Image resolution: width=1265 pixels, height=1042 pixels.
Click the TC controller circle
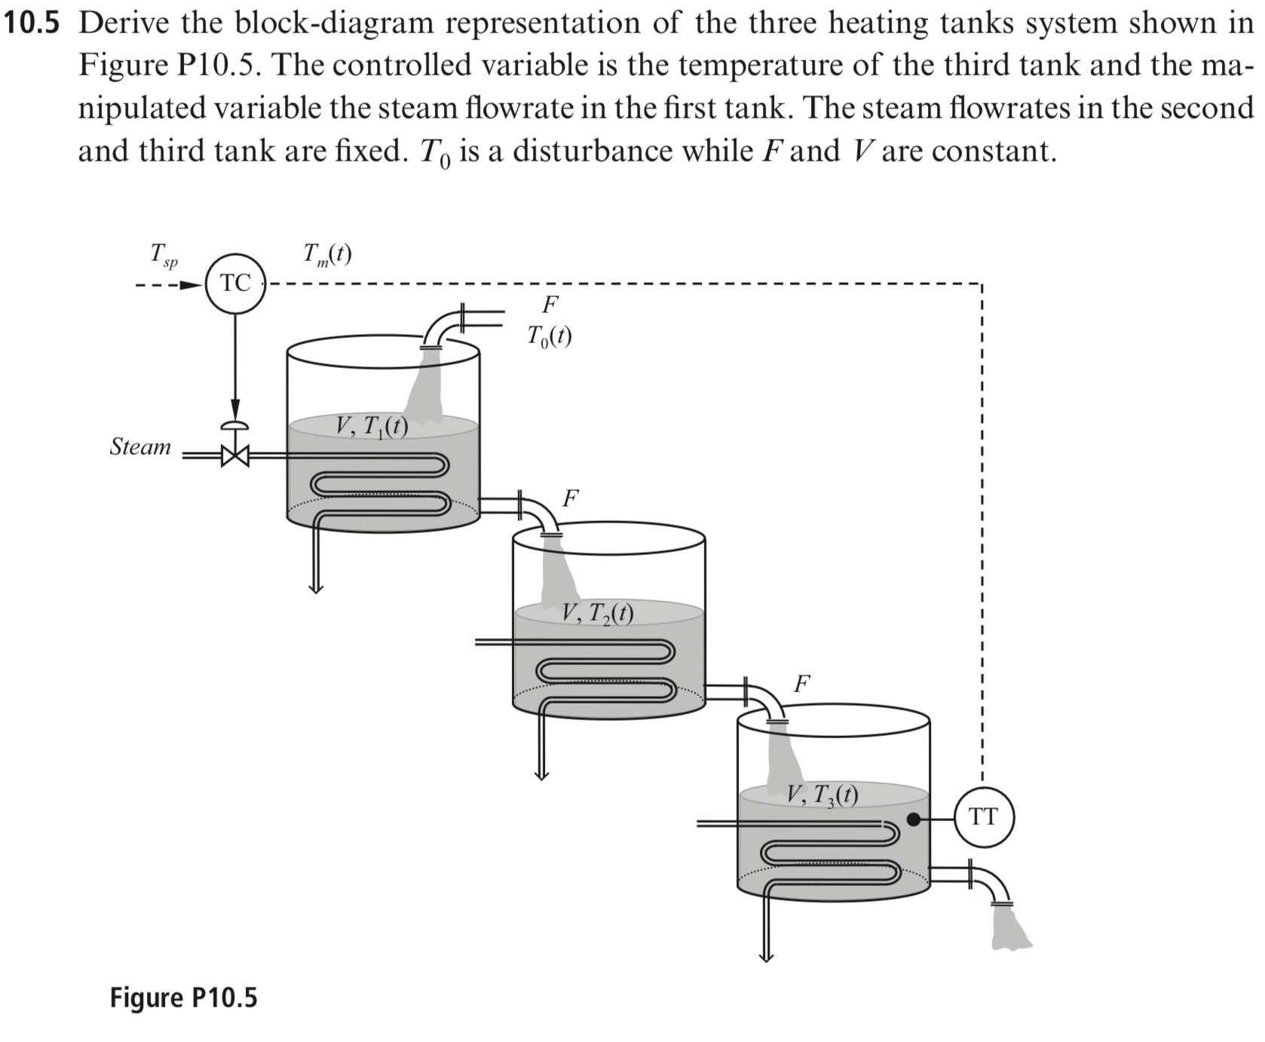click(x=235, y=284)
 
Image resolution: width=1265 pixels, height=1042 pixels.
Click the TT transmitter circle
click(x=984, y=817)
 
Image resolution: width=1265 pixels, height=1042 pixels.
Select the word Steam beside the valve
click(x=141, y=447)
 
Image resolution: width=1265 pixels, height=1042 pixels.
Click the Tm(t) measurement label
click(x=326, y=255)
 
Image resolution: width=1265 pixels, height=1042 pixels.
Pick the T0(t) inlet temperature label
click(x=550, y=336)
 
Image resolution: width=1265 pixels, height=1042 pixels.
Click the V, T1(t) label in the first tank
click(x=372, y=428)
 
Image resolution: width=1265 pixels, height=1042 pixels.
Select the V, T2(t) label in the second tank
click(x=598, y=614)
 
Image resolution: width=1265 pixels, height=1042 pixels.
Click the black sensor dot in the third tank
click(x=913, y=819)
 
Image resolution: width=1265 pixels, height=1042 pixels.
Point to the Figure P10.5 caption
click(x=183, y=998)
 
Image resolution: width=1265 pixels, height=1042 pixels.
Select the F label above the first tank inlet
click(x=550, y=305)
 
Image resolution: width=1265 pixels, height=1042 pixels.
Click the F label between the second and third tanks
click(x=802, y=684)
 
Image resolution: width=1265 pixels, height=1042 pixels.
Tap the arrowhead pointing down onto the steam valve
click(x=235, y=408)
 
